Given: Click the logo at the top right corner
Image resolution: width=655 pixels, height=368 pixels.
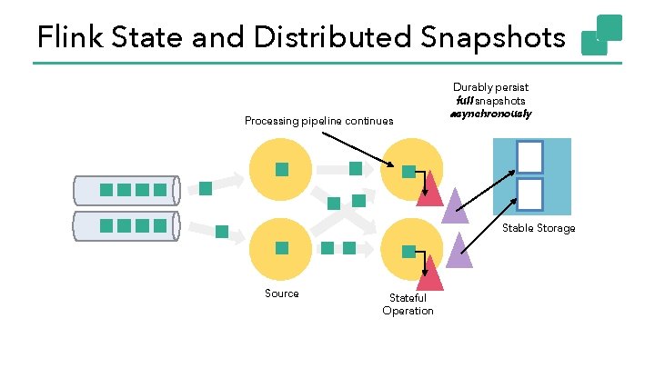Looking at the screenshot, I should (601, 35).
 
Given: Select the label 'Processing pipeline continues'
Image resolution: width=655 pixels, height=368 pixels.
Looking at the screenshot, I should (319, 121).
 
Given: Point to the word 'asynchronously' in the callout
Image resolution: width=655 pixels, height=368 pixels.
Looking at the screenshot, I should (490, 114).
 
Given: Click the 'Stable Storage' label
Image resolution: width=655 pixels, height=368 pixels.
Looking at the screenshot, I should (539, 228).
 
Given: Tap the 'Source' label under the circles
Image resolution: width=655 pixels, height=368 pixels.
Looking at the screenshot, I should (282, 293).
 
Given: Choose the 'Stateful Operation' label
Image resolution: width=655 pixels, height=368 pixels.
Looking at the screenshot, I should (408, 304).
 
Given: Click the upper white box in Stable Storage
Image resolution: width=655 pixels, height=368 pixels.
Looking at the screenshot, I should (529, 156).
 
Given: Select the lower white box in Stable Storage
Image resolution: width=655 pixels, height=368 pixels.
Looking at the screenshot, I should (529, 194).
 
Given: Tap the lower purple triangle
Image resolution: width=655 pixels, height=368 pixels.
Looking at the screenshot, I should (458, 250).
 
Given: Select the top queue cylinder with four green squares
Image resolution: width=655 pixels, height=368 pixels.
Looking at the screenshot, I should (128, 190).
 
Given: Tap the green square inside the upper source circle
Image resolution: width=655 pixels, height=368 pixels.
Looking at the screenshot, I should (282, 169).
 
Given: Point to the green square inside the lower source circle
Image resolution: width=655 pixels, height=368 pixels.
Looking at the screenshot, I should (282, 248).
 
